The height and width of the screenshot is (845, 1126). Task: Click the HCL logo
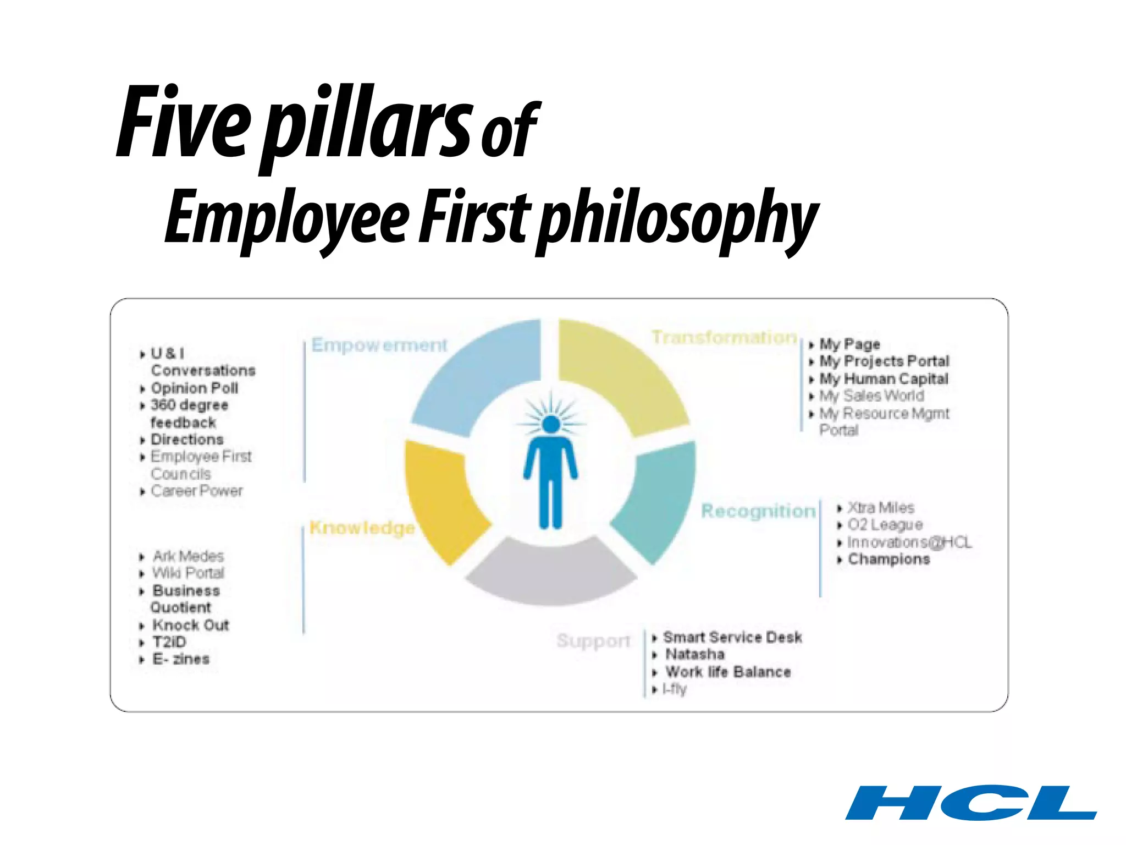970,802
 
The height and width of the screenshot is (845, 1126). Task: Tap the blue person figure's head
550,424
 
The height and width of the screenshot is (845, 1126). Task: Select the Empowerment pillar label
379,345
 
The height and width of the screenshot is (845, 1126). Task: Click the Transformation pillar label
724,337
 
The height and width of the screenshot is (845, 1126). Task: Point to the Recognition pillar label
758,511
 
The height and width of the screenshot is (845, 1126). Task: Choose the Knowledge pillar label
362,528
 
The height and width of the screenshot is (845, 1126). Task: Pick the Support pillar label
593,641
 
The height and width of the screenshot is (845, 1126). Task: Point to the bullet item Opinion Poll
194,388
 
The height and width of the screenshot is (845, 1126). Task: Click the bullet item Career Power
196,491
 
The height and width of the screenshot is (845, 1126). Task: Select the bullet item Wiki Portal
188,573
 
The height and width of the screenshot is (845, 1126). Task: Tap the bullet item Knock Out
190,625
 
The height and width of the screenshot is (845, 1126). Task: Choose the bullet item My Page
849,344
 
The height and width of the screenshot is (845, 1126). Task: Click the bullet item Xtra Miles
880,507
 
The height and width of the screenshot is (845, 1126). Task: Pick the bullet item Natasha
695,655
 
